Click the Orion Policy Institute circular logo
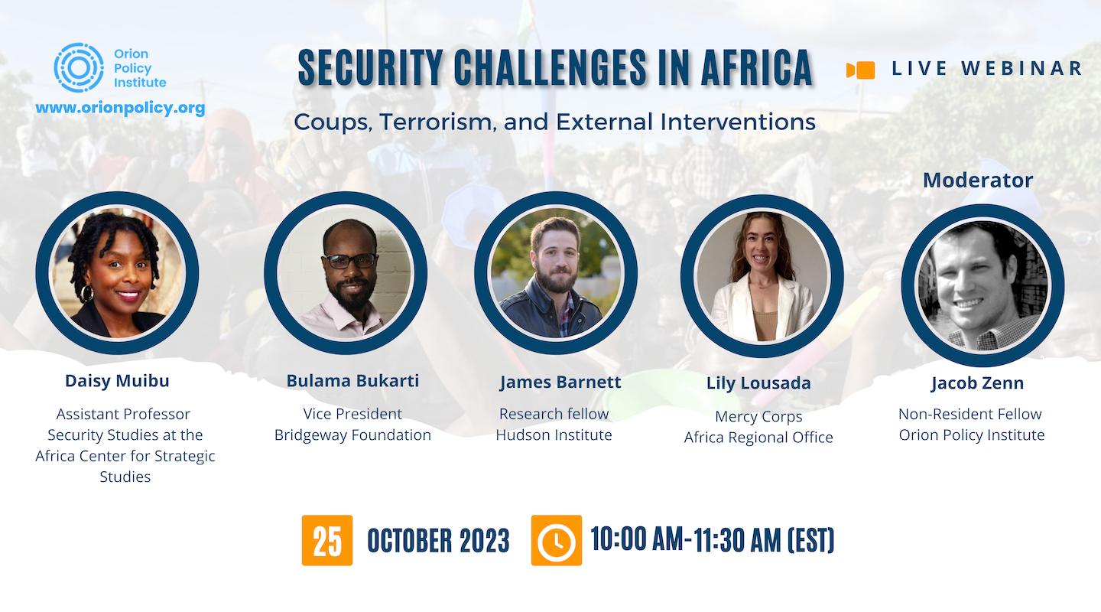[x=79, y=67]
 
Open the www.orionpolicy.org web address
[x=120, y=108]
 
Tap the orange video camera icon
[x=861, y=70]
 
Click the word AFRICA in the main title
[x=757, y=68]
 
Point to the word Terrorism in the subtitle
[x=436, y=122]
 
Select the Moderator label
[x=978, y=180]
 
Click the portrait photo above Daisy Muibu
[x=117, y=272]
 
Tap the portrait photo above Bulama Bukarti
[x=346, y=272]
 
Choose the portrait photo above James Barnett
[x=556, y=272]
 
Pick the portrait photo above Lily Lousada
[x=762, y=276]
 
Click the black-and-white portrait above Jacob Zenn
[x=983, y=285]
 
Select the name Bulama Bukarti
[x=353, y=381]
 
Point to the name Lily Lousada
[x=758, y=382]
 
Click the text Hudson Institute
[x=554, y=435]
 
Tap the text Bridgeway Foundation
[x=353, y=435]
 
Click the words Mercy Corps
[x=758, y=417]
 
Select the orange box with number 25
[x=327, y=540]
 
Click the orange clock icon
[x=557, y=540]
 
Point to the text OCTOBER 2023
[x=438, y=541]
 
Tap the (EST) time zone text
[x=811, y=539]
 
